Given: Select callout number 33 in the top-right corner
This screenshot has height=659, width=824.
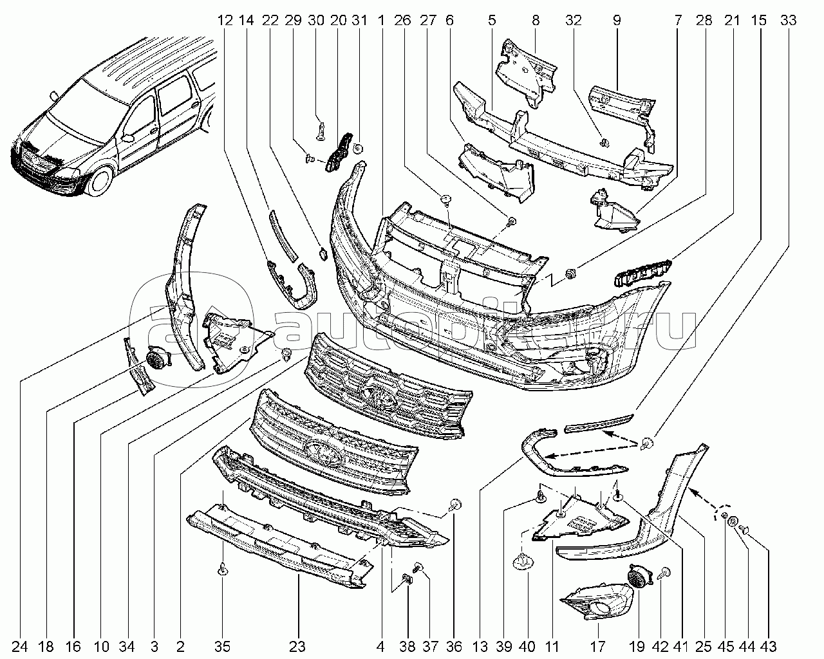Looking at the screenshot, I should [787, 21].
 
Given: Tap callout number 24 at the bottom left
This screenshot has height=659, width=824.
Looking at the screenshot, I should [19, 646].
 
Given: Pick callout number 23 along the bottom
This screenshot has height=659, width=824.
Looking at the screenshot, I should [297, 646].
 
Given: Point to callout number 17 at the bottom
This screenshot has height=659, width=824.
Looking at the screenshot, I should [597, 646].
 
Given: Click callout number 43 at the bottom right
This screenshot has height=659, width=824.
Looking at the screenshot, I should [769, 646].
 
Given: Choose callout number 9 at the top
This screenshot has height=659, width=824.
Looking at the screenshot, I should [617, 21].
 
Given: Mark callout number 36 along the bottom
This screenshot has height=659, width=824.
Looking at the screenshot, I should [454, 646].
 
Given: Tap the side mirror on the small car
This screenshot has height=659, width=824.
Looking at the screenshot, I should [127, 137].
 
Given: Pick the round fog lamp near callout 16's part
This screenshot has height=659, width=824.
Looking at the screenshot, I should [156, 358].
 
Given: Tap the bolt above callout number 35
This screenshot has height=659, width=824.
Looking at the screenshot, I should [222, 570].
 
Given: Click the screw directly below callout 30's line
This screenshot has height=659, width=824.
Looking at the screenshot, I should [321, 131].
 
